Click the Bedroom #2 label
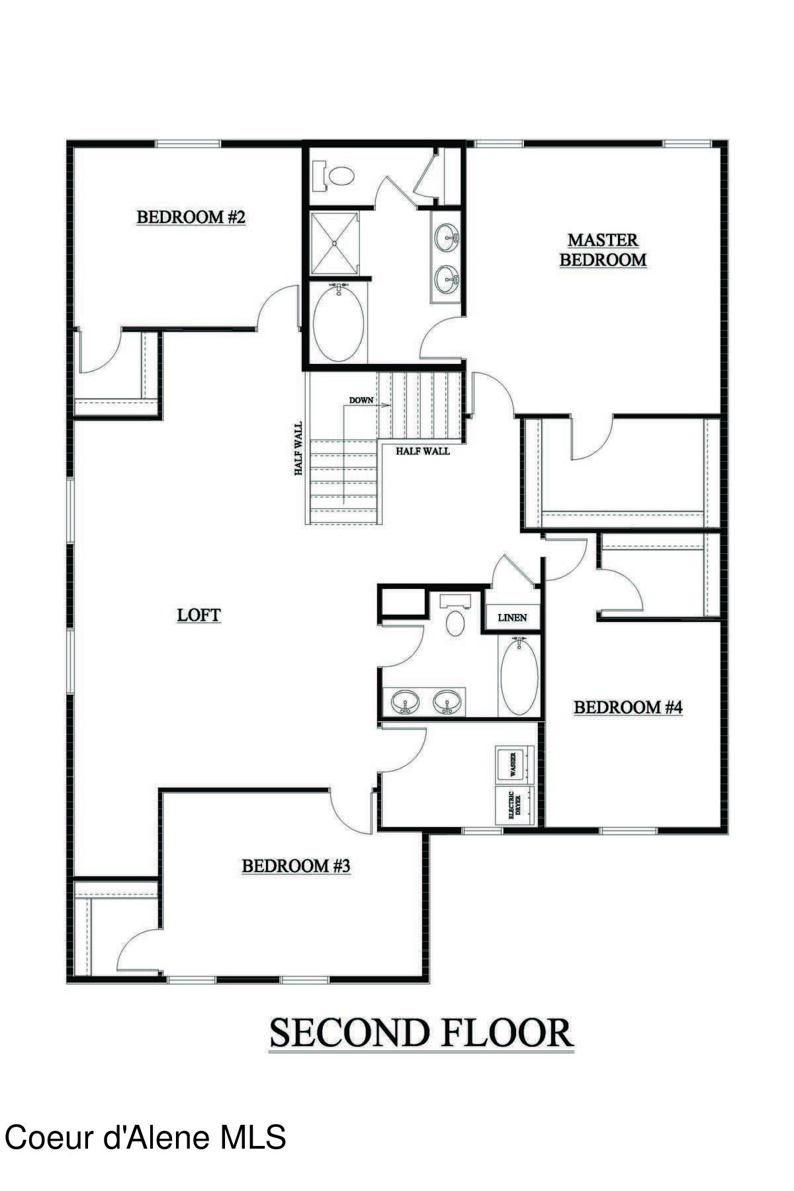pyautogui.click(x=191, y=217)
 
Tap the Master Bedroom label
pyautogui.click(x=603, y=249)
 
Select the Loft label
pyautogui.click(x=198, y=615)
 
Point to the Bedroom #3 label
pyautogui.click(x=296, y=865)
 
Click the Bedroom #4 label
pyautogui.click(x=627, y=707)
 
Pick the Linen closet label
pyautogui.click(x=512, y=617)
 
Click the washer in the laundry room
pyautogui.click(x=513, y=765)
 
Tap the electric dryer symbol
pyautogui.click(x=513, y=805)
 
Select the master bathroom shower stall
pyautogui.click(x=335, y=242)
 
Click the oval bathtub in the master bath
pyautogui.click(x=338, y=323)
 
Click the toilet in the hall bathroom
pyautogui.click(x=455, y=617)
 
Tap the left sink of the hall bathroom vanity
pyautogui.click(x=404, y=702)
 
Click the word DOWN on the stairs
pyautogui.click(x=361, y=400)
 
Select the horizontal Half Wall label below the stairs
pyautogui.click(x=423, y=451)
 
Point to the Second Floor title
pyautogui.click(x=421, y=1034)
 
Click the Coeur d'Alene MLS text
pyautogui.click(x=146, y=1137)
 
